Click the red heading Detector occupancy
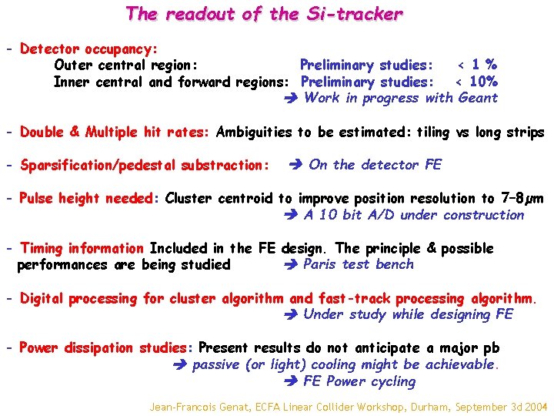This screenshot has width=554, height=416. coord(88,49)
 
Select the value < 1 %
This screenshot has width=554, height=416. coord(476,65)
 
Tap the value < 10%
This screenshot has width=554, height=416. coord(476,82)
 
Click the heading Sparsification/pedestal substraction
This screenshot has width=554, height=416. coord(145,165)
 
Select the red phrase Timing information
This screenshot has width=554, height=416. coord(82,248)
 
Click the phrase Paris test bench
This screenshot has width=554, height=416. coord(359,264)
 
